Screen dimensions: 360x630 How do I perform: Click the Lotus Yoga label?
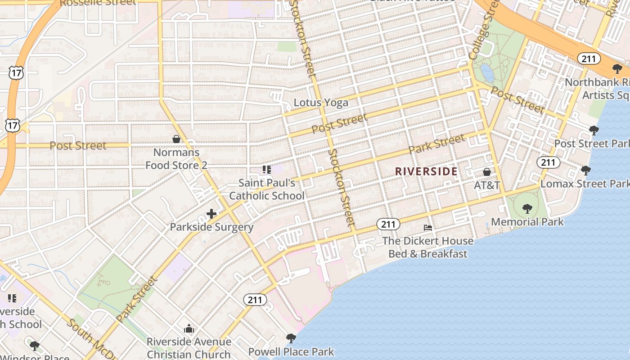(321, 103)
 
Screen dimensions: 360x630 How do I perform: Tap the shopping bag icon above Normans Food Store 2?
(176, 139)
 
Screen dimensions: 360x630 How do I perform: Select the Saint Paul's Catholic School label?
(267, 189)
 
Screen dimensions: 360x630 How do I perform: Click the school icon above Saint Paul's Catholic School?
(266, 170)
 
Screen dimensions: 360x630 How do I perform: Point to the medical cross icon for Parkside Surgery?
(211, 213)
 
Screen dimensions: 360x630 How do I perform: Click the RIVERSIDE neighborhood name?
(426, 171)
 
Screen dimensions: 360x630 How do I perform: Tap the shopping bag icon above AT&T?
(486, 172)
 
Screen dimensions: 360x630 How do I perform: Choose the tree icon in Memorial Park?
(527, 208)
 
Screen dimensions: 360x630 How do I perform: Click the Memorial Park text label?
(527, 222)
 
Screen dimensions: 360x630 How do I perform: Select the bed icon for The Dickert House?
(428, 228)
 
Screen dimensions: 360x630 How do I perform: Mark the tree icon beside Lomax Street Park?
(585, 171)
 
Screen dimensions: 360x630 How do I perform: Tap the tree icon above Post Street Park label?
(594, 130)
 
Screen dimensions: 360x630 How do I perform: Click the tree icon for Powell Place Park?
(291, 337)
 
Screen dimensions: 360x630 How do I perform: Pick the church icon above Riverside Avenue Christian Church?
(189, 329)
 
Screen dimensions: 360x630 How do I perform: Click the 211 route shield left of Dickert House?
(388, 224)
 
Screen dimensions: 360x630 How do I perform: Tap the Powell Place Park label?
(291, 351)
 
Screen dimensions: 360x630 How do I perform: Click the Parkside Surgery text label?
(211, 227)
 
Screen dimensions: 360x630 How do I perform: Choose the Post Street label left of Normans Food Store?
(78, 145)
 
